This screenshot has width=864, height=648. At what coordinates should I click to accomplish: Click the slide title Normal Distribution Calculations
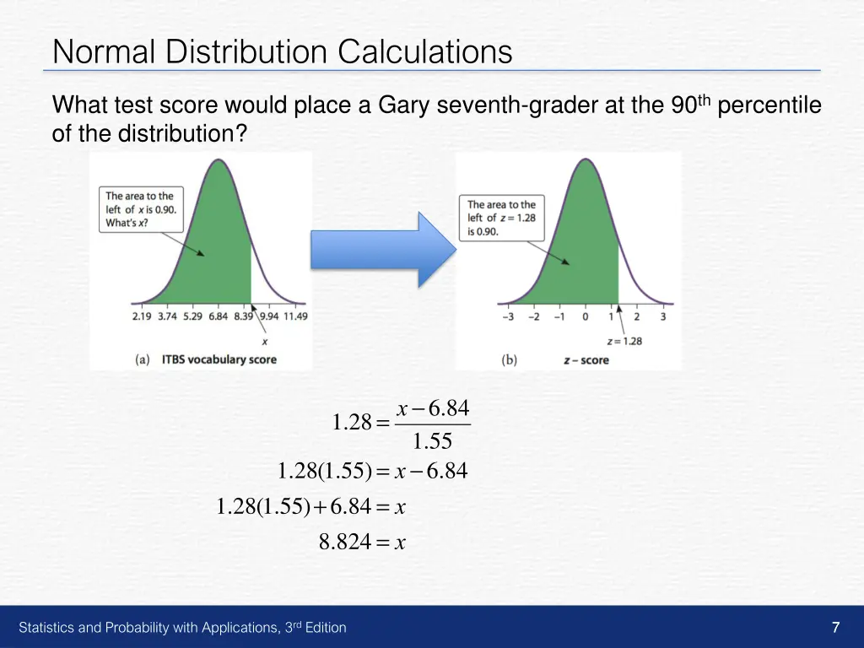point(282,52)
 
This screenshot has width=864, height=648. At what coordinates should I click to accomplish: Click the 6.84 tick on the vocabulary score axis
point(218,316)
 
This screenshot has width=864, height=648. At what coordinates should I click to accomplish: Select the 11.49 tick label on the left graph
point(295,316)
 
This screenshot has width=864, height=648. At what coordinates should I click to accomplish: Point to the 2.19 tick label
point(142,316)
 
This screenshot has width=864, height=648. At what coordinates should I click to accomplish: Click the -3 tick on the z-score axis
point(507,317)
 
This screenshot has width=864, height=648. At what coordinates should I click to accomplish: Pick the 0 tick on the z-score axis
point(585,317)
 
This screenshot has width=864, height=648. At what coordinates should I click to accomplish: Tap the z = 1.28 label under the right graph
point(625,341)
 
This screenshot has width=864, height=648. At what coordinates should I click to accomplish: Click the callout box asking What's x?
point(141,209)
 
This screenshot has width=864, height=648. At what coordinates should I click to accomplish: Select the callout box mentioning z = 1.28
point(501,218)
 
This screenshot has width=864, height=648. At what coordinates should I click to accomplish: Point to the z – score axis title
point(586,360)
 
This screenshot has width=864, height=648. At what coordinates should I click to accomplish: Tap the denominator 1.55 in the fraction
point(432,441)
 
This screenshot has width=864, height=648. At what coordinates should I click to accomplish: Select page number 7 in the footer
point(835,627)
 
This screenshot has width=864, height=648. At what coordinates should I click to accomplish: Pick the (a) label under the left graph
point(143,359)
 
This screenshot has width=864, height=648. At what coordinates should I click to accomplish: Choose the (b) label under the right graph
point(509,360)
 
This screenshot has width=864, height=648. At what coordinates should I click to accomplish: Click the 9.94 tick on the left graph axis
point(269,316)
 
